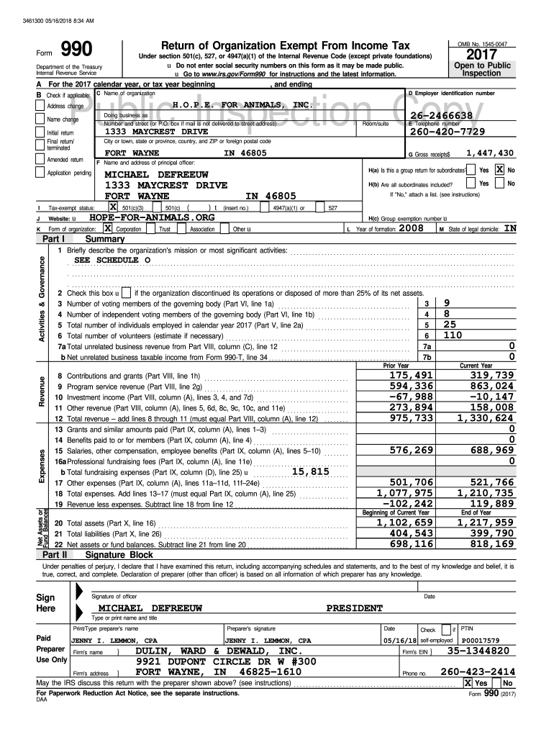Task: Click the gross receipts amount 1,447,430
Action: point(490,153)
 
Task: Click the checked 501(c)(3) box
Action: point(112,207)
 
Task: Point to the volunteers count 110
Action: point(453,335)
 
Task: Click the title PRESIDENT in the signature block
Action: point(355,608)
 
